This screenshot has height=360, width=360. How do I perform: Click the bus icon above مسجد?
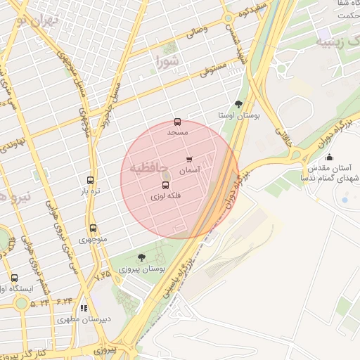[x=176, y=122]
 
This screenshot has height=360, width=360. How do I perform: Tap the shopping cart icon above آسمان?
[x=189, y=160]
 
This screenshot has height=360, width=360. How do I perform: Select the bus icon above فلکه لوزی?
[x=166, y=186]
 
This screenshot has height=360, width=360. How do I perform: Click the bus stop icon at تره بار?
[x=90, y=181]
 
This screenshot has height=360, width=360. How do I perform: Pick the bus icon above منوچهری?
[x=93, y=229]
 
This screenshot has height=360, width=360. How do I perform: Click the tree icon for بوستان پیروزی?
[x=142, y=258]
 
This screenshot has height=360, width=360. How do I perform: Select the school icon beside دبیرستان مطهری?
[x=84, y=308]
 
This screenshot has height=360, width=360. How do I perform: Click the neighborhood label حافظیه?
[x=148, y=169]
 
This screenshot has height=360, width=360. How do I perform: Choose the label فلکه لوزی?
[x=166, y=198]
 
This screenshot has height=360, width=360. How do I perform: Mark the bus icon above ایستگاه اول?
[x=15, y=278]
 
